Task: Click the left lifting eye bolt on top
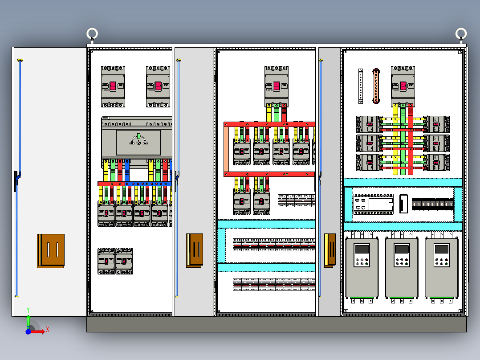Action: (x=92, y=34)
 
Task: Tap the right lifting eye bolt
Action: (x=461, y=34)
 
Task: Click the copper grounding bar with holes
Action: (x=376, y=86)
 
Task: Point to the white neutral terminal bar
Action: (x=361, y=86)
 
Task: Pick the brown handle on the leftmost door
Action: (x=51, y=250)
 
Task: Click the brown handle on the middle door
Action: (x=195, y=250)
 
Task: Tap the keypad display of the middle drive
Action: (x=402, y=250)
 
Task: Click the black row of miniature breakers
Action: (x=433, y=205)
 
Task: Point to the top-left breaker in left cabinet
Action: (x=113, y=86)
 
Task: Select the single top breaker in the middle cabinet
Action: (x=277, y=86)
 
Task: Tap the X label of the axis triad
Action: (x=47, y=329)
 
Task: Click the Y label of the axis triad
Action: (x=28, y=309)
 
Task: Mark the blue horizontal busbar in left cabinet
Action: (x=149, y=183)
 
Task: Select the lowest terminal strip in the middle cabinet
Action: (x=274, y=284)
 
